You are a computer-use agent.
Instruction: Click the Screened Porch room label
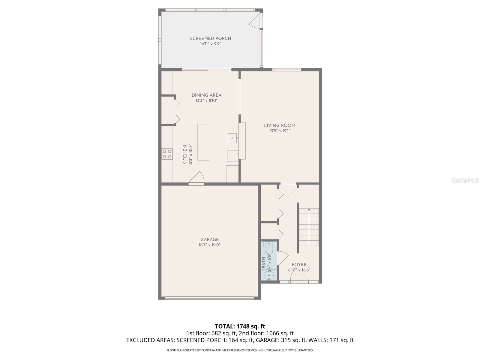(210, 38)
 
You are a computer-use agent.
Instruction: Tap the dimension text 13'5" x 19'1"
(280, 131)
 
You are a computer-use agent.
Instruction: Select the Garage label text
(209, 239)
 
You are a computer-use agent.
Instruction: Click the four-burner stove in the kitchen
(167, 154)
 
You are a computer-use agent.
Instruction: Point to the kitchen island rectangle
(203, 142)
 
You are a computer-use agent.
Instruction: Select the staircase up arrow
(309, 209)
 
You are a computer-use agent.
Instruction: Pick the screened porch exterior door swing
(255, 21)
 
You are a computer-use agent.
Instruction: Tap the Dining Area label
(206, 95)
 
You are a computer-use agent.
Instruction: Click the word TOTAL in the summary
(224, 326)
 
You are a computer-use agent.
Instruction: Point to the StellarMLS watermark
(465, 180)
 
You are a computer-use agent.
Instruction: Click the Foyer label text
(299, 265)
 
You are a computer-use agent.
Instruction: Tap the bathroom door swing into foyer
(283, 258)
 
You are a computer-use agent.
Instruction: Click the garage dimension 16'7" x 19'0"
(209, 245)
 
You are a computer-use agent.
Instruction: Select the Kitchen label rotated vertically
(185, 154)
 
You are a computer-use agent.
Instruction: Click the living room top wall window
(286, 70)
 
